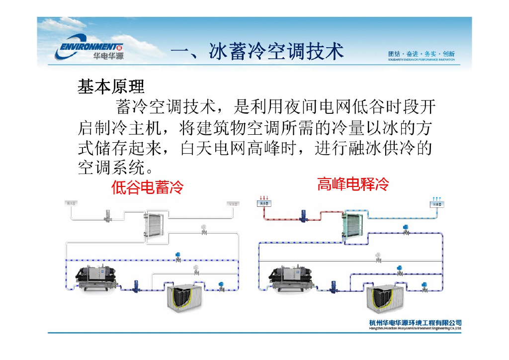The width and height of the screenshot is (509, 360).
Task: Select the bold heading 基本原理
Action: [x=111, y=87]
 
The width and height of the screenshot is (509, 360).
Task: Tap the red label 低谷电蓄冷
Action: [x=147, y=187]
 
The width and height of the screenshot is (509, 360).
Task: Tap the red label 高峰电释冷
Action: [x=353, y=185]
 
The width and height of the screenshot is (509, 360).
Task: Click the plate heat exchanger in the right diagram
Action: [x=353, y=227]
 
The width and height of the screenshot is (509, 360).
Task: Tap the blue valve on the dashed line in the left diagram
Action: [x=178, y=257]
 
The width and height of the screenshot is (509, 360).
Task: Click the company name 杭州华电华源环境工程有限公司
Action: [x=416, y=323]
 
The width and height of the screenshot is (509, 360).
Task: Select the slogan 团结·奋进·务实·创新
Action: [x=421, y=54]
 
